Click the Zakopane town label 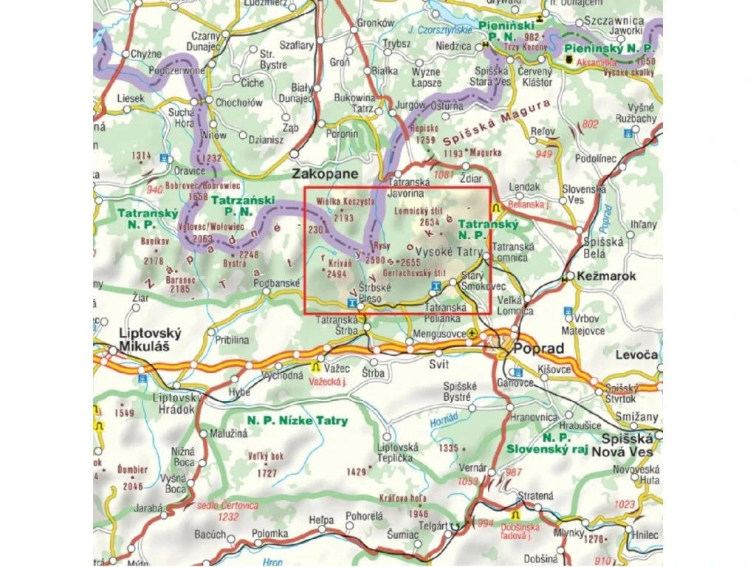[326, 174]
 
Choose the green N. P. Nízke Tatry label [297, 421]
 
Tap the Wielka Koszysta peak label [346, 201]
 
